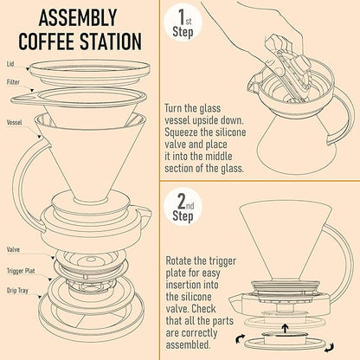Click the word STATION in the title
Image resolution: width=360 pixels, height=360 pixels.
click(x=109, y=41)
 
